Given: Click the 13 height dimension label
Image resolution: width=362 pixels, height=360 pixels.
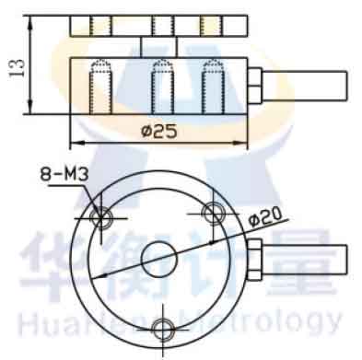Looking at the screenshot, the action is (18, 68).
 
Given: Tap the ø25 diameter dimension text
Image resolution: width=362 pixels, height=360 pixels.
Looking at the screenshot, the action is (159, 132).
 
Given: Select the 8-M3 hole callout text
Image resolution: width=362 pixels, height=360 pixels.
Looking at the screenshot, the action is (64, 175).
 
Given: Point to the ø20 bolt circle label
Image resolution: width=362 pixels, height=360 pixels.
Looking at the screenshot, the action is (265, 216).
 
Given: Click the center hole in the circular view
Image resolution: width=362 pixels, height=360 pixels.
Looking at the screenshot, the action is (159, 260).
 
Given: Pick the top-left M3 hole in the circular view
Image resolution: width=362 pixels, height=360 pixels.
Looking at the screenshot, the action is (101, 218).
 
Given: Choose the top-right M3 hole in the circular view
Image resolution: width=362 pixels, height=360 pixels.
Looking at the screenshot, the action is (214, 213).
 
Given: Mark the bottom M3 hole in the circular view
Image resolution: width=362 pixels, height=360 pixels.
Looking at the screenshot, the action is (163, 330).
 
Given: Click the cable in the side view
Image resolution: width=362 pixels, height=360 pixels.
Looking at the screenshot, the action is (305, 86).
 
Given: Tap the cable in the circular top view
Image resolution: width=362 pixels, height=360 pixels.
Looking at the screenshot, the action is (305, 260).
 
